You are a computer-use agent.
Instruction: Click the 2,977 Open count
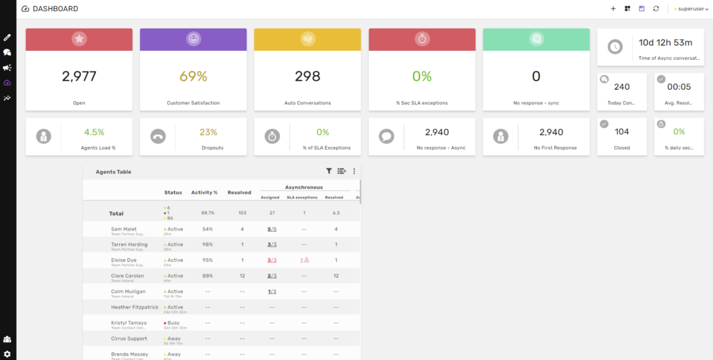(x=79, y=77)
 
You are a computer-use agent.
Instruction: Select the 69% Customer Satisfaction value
(x=194, y=77)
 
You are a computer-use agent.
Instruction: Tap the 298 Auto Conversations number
(x=307, y=77)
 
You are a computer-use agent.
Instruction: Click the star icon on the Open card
(x=79, y=39)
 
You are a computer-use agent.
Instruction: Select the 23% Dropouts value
(x=208, y=132)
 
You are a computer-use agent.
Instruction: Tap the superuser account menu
(x=690, y=9)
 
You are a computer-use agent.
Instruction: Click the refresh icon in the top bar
(x=655, y=9)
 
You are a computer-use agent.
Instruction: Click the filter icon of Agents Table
(x=329, y=171)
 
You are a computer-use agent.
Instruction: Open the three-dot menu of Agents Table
(x=354, y=171)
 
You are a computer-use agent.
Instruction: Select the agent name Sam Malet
(x=124, y=228)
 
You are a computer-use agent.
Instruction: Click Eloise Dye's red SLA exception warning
(x=304, y=260)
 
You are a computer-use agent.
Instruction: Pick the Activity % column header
(x=205, y=192)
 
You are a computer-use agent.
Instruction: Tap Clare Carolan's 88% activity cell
(x=207, y=276)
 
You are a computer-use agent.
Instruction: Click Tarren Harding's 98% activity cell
(x=207, y=244)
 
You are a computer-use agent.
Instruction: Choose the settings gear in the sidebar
(x=7, y=354)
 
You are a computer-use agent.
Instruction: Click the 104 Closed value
(x=622, y=131)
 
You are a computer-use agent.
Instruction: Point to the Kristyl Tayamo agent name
(x=129, y=322)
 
